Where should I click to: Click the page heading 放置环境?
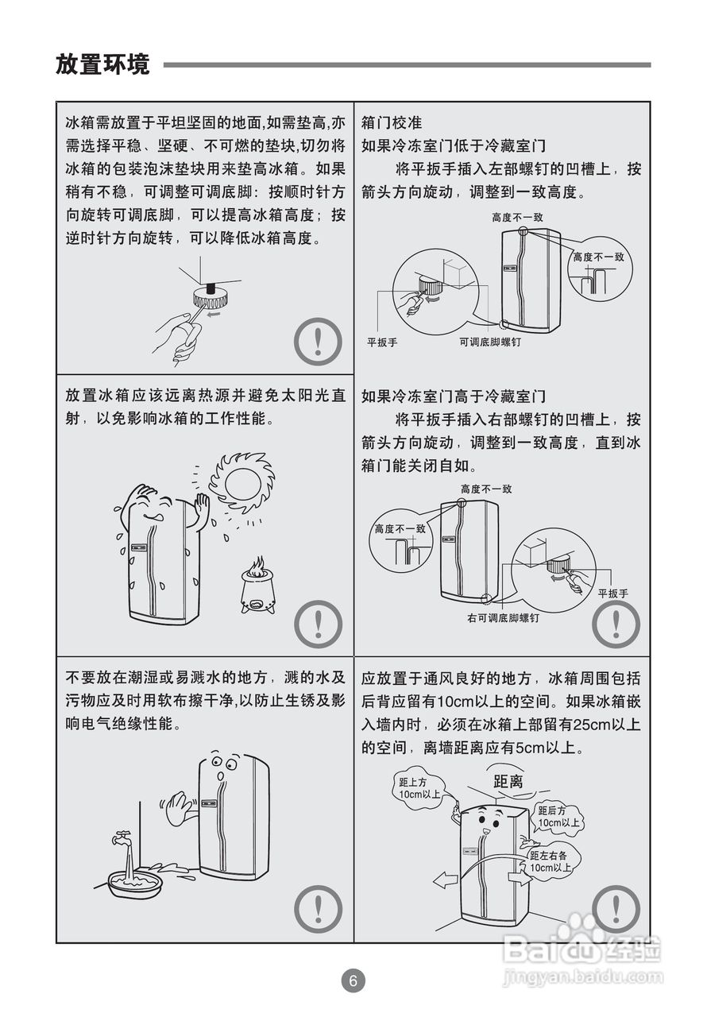(x=102, y=64)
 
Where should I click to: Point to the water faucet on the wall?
(x=122, y=836)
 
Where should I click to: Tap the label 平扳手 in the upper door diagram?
(x=382, y=342)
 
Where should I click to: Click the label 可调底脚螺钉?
(x=490, y=342)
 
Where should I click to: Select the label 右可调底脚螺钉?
(x=504, y=618)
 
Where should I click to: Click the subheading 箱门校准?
(x=392, y=122)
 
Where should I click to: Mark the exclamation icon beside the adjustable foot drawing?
(x=318, y=342)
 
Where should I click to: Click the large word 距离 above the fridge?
(x=508, y=781)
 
